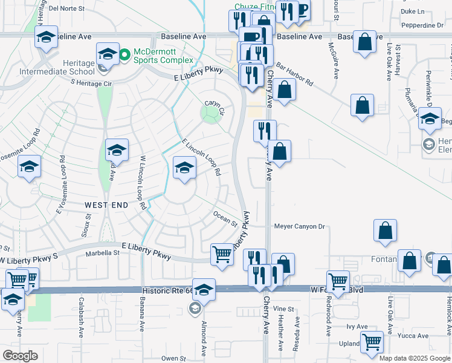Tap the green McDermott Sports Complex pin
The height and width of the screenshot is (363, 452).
click(x=125, y=56)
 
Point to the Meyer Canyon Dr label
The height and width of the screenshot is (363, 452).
click(x=300, y=227)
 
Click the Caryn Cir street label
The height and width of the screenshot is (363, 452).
click(x=214, y=103)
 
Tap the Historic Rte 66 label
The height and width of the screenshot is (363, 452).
click(x=167, y=291)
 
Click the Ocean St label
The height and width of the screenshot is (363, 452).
click(x=225, y=218)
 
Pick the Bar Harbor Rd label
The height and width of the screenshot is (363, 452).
click(x=295, y=72)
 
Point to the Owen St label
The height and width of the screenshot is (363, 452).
click(x=173, y=358)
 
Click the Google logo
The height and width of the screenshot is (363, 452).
click(x=19, y=356)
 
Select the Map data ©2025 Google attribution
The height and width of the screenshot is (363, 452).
click(x=415, y=358)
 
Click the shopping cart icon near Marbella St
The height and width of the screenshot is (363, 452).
click(x=222, y=254)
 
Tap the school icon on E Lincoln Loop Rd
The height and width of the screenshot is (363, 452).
click(x=184, y=167)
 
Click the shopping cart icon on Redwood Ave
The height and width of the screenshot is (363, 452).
click(x=338, y=281)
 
